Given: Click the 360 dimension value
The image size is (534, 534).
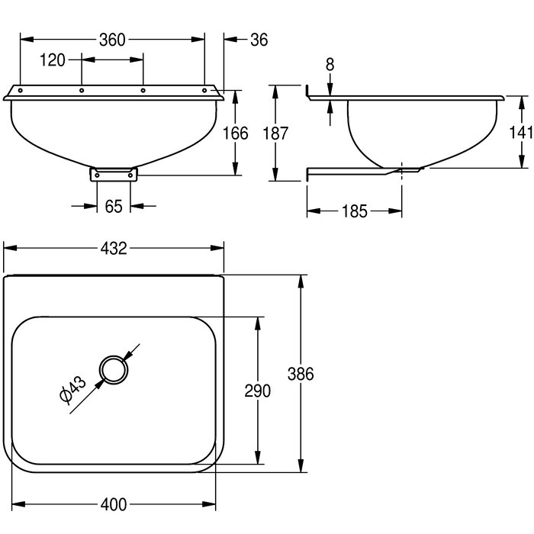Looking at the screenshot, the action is [112, 40].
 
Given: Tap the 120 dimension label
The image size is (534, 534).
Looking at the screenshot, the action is [53, 60].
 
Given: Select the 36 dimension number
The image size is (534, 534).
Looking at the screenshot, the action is [259, 40].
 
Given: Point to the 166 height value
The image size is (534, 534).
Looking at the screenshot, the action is [235, 133].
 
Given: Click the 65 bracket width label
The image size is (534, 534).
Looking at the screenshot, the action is [114, 207].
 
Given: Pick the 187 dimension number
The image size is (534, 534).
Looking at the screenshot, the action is [275, 133].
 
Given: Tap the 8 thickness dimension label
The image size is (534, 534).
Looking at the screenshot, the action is [330, 65].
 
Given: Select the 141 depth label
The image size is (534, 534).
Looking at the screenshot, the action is [521, 132].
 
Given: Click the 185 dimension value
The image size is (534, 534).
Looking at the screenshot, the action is [355, 211].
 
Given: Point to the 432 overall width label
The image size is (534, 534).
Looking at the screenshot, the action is [114, 249].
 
